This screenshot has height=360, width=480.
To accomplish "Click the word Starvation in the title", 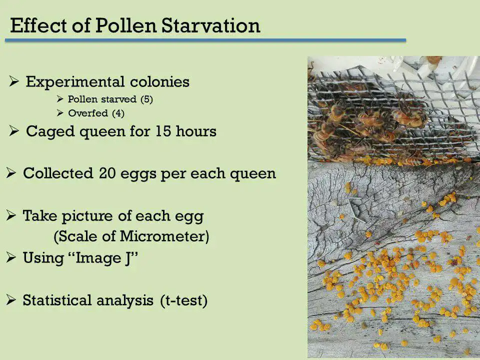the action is pyautogui.click(x=210, y=25).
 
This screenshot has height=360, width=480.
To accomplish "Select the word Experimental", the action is pyautogui.click(x=75, y=82).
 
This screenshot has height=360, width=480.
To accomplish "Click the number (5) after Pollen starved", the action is pyautogui.click(x=146, y=99).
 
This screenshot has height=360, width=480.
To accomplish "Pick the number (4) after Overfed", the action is pyautogui.click(x=118, y=113).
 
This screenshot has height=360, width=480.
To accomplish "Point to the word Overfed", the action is pyautogui.click(x=88, y=113).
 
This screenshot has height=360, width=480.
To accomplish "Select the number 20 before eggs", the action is pyautogui.click(x=107, y=173).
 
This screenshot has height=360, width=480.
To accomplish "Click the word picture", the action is pyautogui.click(x=87, y=216).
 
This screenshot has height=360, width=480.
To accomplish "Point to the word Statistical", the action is pyautogui.click(x=57, y=300).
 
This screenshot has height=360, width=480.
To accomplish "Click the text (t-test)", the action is pyautogui.click(x=183, y=300).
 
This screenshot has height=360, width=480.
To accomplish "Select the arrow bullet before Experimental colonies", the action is pyautogui.click(x=14, y=81).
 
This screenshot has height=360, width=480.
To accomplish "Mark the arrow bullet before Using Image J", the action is pyautogui.click(x=11, y=257).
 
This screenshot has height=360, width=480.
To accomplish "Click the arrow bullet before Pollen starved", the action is pyautogui.click(x=60, y=99).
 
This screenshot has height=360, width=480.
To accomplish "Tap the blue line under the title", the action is pyautogui.click(x=205, y=40).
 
